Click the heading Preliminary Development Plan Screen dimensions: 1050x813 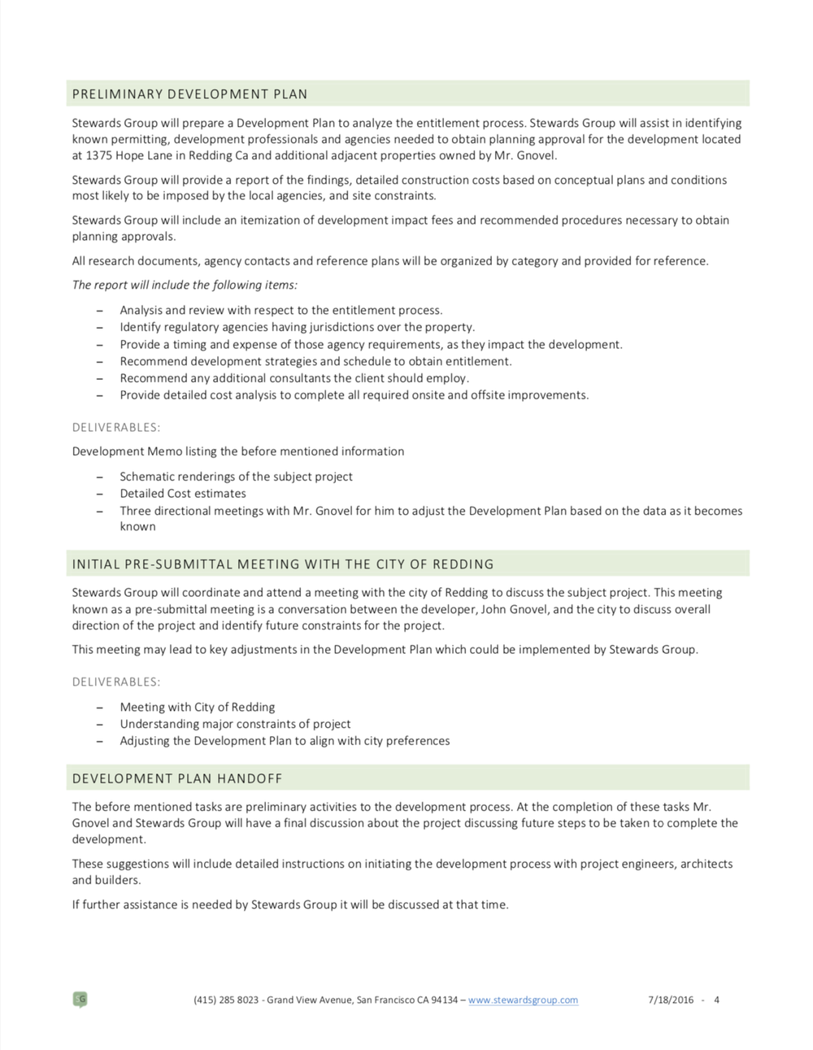[189, 94]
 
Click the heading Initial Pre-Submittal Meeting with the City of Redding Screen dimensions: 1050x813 [282, 564]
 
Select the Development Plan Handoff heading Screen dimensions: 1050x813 [177, 778]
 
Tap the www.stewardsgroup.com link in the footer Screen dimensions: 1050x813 [523, 1000]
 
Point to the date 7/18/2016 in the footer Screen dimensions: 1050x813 [671, 1000]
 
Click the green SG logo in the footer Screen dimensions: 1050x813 [80, 1000]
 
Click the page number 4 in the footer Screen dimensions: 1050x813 [716, 1000]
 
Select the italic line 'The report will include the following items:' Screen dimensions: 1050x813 [185, 285]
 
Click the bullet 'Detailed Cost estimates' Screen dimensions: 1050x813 [183, 494]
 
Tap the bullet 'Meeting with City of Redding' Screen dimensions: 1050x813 [198, 708]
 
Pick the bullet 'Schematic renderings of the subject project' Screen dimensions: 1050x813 [236, 477]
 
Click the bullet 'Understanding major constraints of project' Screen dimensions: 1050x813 [235, 724]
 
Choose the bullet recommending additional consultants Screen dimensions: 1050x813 [294, 378]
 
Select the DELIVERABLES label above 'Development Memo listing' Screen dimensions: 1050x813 [115, 427]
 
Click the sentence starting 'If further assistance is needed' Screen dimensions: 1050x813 [289, 904]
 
